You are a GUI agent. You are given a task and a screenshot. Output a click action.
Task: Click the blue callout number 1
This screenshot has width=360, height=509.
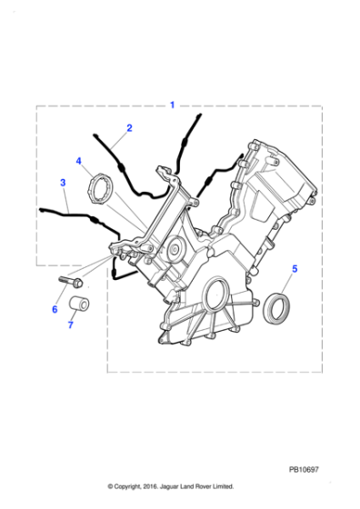click(173, 105)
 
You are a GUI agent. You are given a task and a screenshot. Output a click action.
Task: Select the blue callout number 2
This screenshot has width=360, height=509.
click(129, 128)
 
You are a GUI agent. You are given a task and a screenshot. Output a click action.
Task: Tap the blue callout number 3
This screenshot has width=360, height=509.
click(63, 183)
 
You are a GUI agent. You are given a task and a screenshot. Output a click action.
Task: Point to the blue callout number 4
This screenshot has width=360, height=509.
click(78, 161)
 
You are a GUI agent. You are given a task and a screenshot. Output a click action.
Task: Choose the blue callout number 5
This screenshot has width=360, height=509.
click(295, 269)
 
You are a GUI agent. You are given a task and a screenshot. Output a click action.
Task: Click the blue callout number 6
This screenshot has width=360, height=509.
click(55, 309)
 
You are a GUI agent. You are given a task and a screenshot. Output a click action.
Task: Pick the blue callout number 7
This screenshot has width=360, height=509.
click(70, 324)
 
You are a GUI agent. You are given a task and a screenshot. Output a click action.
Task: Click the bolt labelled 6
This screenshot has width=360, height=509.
click(71, 282)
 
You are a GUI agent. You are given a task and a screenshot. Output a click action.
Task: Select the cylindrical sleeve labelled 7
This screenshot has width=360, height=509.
click(79, 304)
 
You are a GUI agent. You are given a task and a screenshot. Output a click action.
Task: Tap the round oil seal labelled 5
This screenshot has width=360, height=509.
click(277, 308)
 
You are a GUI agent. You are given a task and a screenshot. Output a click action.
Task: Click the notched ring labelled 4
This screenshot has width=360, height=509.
click(100, 189)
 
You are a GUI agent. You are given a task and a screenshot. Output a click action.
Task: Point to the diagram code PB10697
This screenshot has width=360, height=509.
click(304, 469)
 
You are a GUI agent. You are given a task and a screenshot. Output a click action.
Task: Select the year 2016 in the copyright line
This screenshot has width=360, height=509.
click(150, 486)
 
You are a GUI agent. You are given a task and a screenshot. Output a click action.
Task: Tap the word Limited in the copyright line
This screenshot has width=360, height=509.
click(223, 486)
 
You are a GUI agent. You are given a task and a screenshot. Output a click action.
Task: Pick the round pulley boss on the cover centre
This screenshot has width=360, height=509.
click(175, 249)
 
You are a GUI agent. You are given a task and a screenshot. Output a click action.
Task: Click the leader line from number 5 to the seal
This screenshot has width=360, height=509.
click(286, 283)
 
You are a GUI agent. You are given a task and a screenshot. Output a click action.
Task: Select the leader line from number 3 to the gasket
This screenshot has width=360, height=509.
click(66, 200)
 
